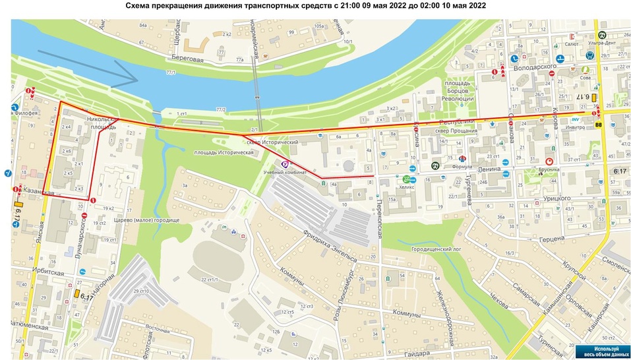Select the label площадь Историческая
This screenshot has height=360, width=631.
click(224, 152)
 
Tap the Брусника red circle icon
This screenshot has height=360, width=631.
click(549, 162)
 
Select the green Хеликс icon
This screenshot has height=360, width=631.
click(407, 179)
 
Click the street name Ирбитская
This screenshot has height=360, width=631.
click(49, 272)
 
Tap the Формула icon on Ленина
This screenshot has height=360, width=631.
click(462, 158)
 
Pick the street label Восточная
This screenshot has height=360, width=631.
click(158, 328)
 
